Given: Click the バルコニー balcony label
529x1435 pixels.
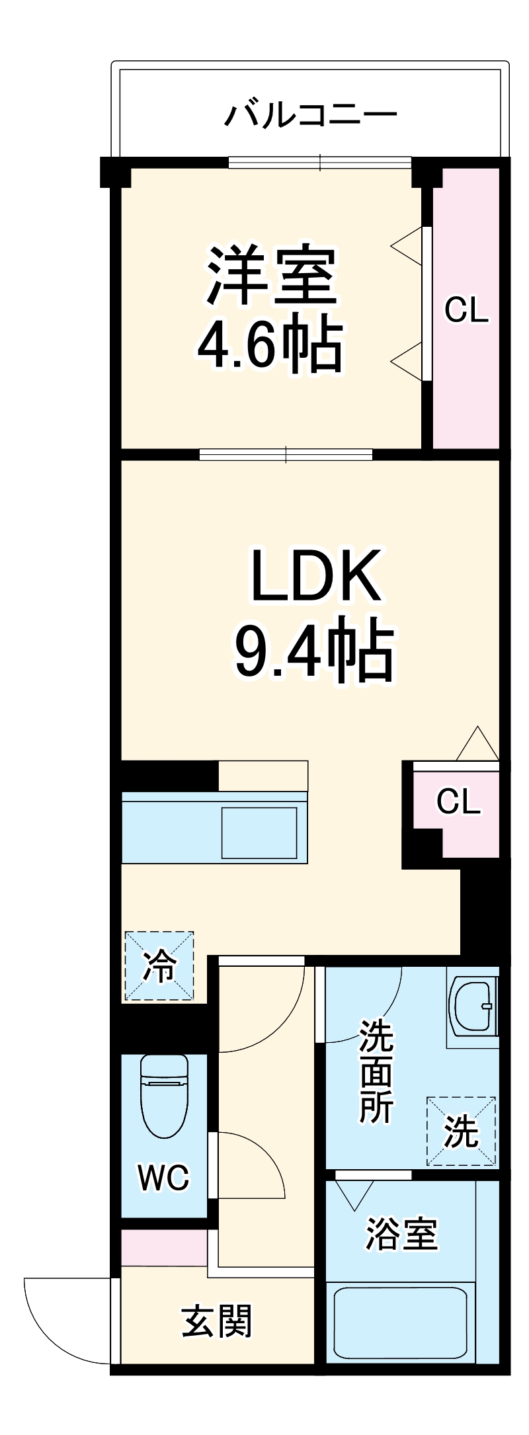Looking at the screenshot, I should tap(311, 115).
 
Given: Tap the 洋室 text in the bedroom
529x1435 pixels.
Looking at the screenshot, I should tap(272, 276).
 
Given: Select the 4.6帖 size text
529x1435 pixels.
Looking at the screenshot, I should tap(270, 345).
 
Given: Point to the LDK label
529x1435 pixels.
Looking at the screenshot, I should tap(315, 576).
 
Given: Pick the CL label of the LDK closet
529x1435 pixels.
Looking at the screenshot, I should tap(458, 801).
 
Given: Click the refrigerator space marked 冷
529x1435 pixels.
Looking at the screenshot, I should tap(159, 966).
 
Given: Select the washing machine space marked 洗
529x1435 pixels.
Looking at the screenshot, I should tap(461, 1131).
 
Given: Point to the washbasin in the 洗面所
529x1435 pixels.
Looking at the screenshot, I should tap(473, 1005).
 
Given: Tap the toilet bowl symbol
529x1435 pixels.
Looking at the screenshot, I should tap(164, 1095).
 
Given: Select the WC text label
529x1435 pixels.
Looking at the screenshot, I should tap(163, 1177).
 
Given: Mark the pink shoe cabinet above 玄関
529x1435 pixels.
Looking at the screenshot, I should tap(164, 1247).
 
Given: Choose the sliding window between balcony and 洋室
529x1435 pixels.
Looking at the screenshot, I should tap(320, 161).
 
